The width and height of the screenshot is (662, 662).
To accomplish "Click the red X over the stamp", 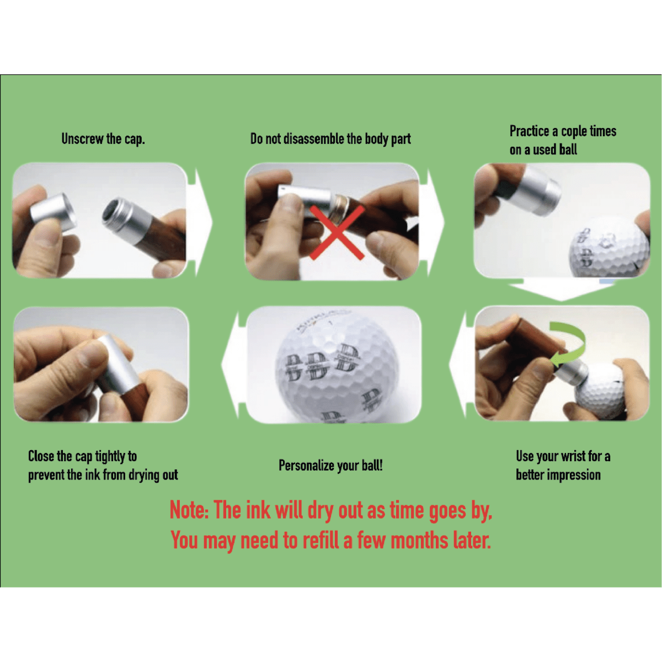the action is (337, 233).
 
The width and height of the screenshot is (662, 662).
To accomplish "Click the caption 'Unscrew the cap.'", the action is (103, 139).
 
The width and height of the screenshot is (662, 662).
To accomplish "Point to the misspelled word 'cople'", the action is (575, 132).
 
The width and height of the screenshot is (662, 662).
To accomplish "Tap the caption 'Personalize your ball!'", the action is (330, 466).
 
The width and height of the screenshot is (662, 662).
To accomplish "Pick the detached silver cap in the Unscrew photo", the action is (54, 212).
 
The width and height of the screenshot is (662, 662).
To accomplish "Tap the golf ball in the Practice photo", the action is (608, 247).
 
